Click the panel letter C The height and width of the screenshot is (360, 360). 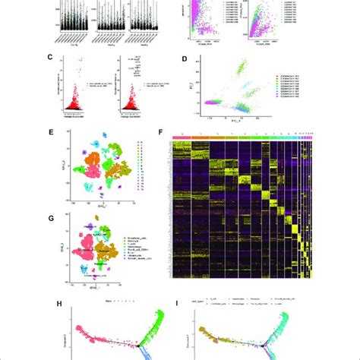[50, 57]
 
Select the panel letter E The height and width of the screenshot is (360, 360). [50, 131]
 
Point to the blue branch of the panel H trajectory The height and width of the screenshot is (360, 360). [156, 351]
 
